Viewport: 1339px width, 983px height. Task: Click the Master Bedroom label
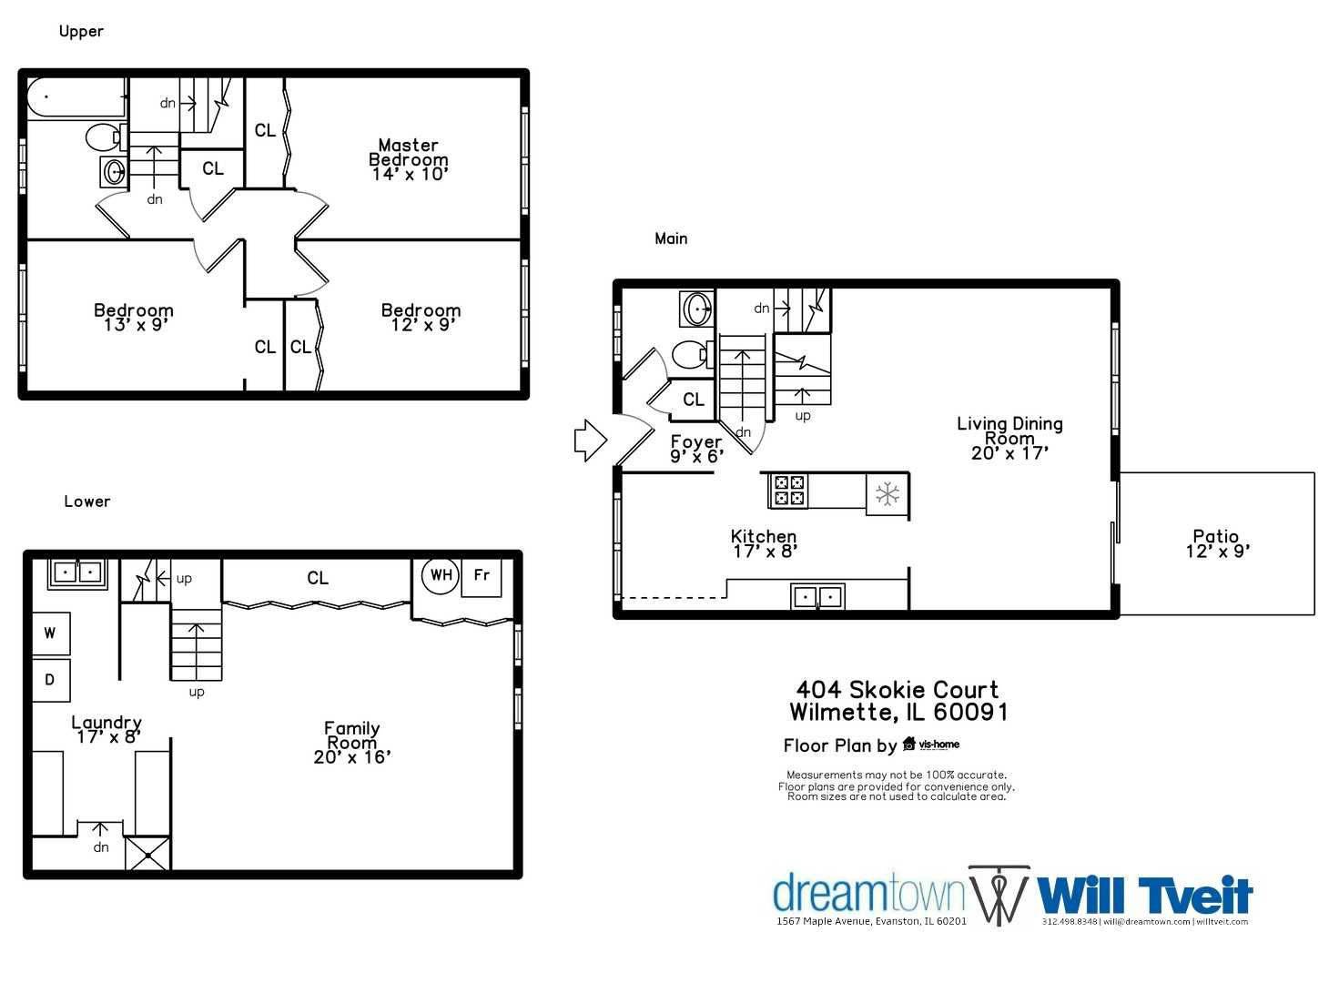pyautogui.click(x=409, y=159)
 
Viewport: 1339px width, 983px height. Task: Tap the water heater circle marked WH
pyautogui.click(x=441, y=575)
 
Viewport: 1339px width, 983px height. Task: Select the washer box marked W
pyautogui.click(x=51, y=633)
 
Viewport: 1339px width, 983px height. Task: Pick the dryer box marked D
pyautogui.click(x=51, y=680)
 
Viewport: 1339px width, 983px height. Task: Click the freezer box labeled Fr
pyautogui.click(x=482, y=576)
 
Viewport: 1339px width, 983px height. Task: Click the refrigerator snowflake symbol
pyautogui.click(x=888, y=494)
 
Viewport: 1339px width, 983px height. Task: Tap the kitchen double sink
pyautogui.click(x=817, y=597)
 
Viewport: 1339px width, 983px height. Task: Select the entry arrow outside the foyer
pyautogui.click(x=590, y=441)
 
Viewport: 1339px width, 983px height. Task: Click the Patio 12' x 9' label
pyautogui.click(x=1217, y=543)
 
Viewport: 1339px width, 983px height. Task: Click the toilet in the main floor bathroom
pyautogui.click(x=691, y=354)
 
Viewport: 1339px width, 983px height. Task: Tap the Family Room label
pyautogui.click(x=352, y=742)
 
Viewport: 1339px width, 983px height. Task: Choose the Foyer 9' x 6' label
pyautogui.click(x=696, y=449)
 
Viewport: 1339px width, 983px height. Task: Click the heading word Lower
pyautogui.click(x=87, y=502)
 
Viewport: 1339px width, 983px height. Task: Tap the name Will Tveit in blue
pyautogui.click(x=1145, y=896)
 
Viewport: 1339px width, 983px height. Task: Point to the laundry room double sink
pyautogui.click(x=77, y=573)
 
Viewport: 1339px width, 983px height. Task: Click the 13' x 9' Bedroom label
pyautogui.click(x=134, y=318)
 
